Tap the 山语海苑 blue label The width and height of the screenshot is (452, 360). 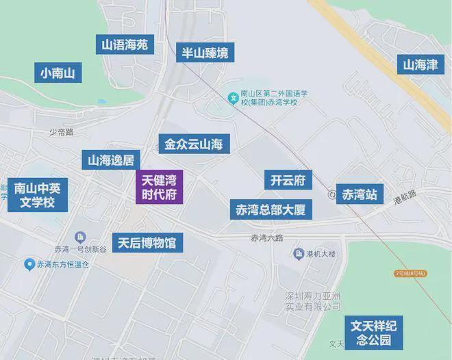(x=125, y=46)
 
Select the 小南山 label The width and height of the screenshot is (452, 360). (x=58, y=72)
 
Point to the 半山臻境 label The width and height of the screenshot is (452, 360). (x=205, y=52)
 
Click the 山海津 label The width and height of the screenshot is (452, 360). (x=419, y=65)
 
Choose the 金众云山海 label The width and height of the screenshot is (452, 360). (x=194, y=144)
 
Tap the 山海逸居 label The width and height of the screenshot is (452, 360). (x=110, y=160)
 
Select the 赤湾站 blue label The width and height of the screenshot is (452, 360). (x=360, y=194)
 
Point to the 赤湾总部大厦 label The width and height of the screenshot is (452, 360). (x=271, y=209)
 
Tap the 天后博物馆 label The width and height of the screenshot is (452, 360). (x=147, y=242)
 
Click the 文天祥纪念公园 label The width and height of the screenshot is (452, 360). (x=374, y=333)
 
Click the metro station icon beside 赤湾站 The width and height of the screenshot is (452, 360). (x=332, y=194)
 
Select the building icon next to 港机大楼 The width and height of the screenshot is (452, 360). (x=299, y=254)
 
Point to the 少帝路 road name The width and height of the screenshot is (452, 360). (x=61, y=131)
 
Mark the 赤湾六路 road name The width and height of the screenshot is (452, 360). (x=266, y=237)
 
